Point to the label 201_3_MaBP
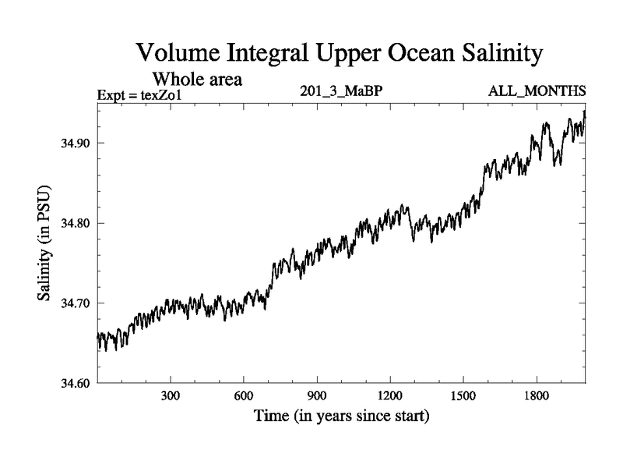pyautogui.click(x=341, y=90)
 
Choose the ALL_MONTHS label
pyautogui.click(x=537, y=90)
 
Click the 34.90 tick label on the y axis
pyautogui.click(x=70, y=144)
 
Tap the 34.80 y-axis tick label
pyautogui.click(x=70, y=223)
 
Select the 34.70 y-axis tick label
pyautogui.click(x=70, y=303)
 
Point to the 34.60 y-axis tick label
pyautogui.click(x=70, y=382)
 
